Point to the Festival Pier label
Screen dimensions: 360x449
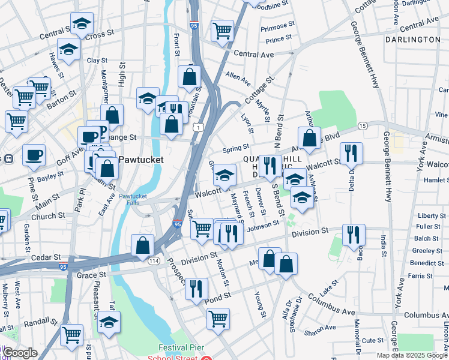[x=182, y=347]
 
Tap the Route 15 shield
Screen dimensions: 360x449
[x=362, y=125]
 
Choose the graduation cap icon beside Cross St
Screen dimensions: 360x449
[x=82, y=24]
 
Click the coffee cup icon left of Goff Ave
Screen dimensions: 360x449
[x=34, y=155]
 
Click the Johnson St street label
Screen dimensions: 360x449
[x=263, y=225]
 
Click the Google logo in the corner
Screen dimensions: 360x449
[x=20, y=353]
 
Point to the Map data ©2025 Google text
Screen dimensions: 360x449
[x=411, y=355]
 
